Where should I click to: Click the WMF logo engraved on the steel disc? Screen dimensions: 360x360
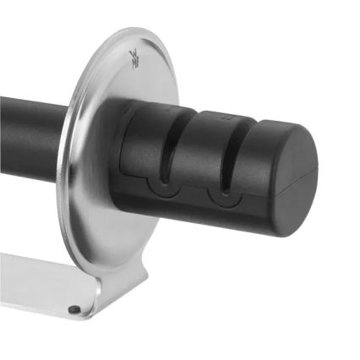click(134, 57)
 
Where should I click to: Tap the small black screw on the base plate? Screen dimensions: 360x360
click(74, 309)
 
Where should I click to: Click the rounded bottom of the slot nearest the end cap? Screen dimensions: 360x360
click(223, 194)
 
